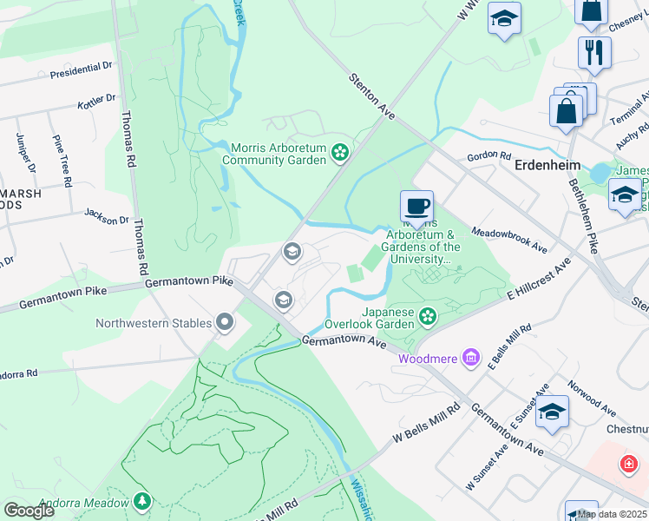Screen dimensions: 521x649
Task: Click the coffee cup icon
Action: [x=416, y=208]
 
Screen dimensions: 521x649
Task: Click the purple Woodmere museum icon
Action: [x=471, y=358]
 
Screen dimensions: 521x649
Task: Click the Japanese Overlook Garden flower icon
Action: [x=427, y=317]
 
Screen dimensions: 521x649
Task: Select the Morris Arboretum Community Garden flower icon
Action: [x=340, y=154]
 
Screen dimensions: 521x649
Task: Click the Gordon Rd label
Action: [x=488, y=155]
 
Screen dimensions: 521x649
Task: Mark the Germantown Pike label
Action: [x=177, y=282]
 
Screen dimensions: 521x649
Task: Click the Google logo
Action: [x=29, y=511]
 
